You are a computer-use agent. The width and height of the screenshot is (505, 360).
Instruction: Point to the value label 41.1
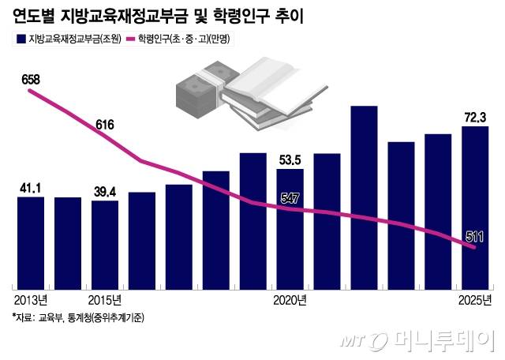coord(31,187)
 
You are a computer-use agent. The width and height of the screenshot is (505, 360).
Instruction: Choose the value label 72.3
coord(476,117)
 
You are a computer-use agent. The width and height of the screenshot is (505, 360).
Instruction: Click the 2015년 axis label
coord(105,300)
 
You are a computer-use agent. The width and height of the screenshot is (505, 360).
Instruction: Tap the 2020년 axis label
coord(290,300)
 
